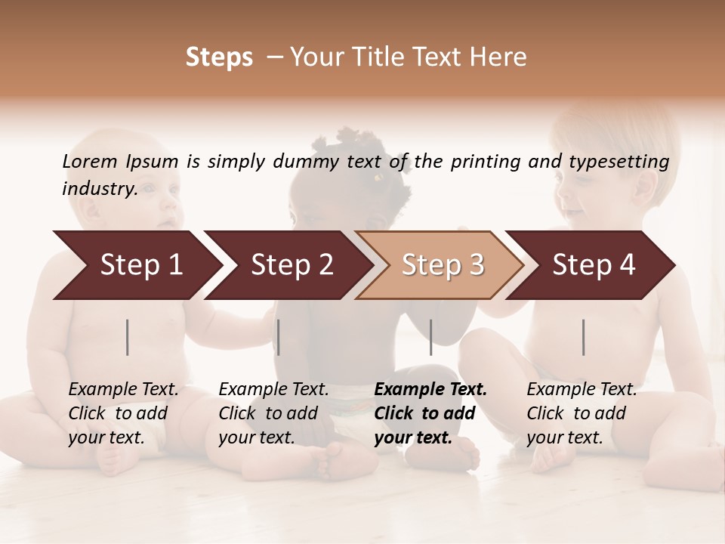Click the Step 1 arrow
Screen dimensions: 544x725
pos(141,265)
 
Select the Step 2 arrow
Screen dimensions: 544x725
pos(292,265)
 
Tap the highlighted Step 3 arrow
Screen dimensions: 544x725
pos(443,265)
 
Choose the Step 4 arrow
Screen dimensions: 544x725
pos(594,265)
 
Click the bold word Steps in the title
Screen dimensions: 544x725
pos(219,57)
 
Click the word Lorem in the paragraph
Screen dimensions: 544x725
pos(90,161)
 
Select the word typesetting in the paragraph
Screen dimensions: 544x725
pos(616,162)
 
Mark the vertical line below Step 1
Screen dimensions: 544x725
pos(128,337)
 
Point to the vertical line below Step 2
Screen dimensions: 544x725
pos(279,337)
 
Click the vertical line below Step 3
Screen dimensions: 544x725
pos(431,337)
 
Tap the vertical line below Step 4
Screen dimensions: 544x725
pos(584,337)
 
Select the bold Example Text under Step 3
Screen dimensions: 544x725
pos(430,390)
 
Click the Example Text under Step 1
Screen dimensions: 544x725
pos(123,390)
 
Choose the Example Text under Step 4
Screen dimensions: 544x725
pos(582,390)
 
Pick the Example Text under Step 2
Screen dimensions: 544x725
pos(273,390)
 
